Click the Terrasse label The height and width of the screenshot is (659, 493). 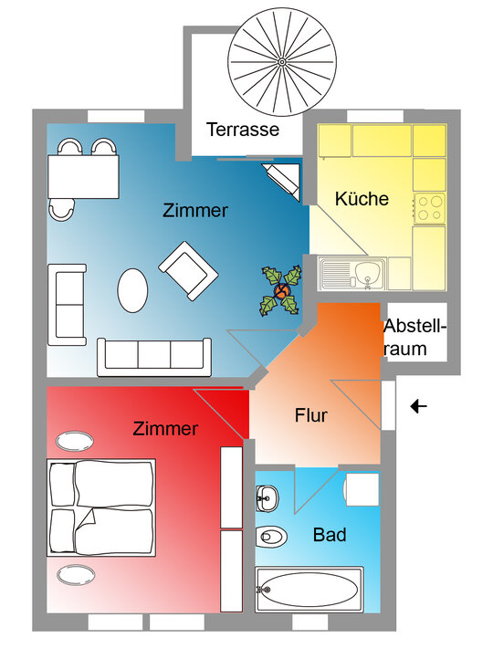[243, 130]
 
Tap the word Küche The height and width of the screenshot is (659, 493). [362, 198]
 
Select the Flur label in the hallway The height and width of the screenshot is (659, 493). [311, 415]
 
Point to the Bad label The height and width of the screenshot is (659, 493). [330, 535]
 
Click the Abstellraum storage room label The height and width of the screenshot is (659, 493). [414, 338]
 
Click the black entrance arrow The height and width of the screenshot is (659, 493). [419, 406]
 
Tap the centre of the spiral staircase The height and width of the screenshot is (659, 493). [282, 63]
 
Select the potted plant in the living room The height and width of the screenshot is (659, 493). [281, 290]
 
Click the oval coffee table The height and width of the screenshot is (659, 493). [132, 290]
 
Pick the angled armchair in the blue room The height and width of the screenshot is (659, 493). [188, 271]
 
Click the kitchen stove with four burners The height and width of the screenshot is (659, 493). [429, 209]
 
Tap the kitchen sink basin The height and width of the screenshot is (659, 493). [369, 272]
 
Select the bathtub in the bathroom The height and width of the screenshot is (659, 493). [309, 590]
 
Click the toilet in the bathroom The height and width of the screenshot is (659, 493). [271, 537]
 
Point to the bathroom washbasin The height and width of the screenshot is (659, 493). [267, 498]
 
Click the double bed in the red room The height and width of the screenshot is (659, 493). [101, 507]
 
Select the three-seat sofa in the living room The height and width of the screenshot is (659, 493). [154, 357]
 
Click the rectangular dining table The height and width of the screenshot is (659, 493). [83, 176]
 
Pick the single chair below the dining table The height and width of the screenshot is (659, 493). [62, 210]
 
